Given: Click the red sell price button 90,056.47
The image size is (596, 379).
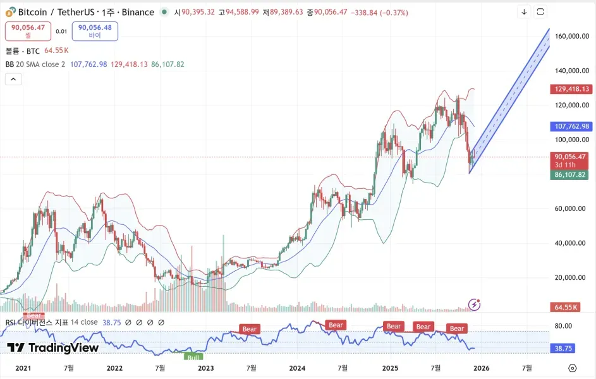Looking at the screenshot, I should [x=28, y=31].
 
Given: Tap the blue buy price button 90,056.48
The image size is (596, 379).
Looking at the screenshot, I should [x=95, y=31].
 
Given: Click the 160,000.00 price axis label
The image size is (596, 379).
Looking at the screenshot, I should [x=572, y=37].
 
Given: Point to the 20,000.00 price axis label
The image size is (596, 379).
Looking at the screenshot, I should [x=572, y=277].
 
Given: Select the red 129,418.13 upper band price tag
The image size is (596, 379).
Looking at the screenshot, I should [x=571, y=89].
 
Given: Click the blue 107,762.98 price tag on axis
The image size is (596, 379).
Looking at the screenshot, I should [x=571, y=126].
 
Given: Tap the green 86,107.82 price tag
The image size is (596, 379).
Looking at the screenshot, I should [x=571, y=175].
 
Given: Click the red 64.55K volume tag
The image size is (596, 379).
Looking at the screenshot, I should [x=566, y=307].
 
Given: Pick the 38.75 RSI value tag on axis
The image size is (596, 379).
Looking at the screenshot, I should [x=564, y=348].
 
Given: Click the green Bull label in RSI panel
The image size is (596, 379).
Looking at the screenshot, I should [x=193, y=358].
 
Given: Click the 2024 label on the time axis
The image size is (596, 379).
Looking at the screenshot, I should [x=297, y=368].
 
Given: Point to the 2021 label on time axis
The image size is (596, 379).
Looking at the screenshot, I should [x=23, y=368].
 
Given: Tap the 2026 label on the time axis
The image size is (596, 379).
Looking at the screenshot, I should [x=480, y=368].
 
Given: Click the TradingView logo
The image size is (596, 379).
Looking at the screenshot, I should [x=53, y=347].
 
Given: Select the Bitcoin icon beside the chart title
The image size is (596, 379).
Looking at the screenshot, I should [x=9, y=12].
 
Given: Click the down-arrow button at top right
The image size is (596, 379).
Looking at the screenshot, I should [x=524, y=12].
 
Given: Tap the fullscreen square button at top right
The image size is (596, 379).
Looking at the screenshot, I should [x=540, y=12].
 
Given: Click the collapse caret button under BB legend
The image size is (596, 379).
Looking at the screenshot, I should [x=13, y=79].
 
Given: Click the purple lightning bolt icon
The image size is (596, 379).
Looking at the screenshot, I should [x=474, y=305].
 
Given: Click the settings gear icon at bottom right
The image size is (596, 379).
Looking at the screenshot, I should [x=572, y=368].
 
